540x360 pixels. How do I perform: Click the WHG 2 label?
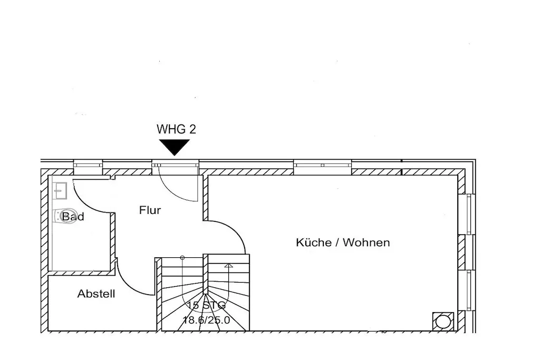[176, 129]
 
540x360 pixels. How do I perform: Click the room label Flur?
[150, 210]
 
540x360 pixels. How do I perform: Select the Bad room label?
[73, 216]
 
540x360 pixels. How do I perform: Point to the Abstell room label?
[96, 294]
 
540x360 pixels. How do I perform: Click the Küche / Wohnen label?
[343, 242]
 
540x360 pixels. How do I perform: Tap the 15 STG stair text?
[206, 305]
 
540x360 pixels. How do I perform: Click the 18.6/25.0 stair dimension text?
[206, 319]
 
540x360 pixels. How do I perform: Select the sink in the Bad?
[60, 190]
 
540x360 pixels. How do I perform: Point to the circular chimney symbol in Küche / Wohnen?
[442, 321]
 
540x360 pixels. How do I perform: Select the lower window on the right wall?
[467, 290]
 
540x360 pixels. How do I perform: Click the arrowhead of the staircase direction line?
[228, 266]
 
